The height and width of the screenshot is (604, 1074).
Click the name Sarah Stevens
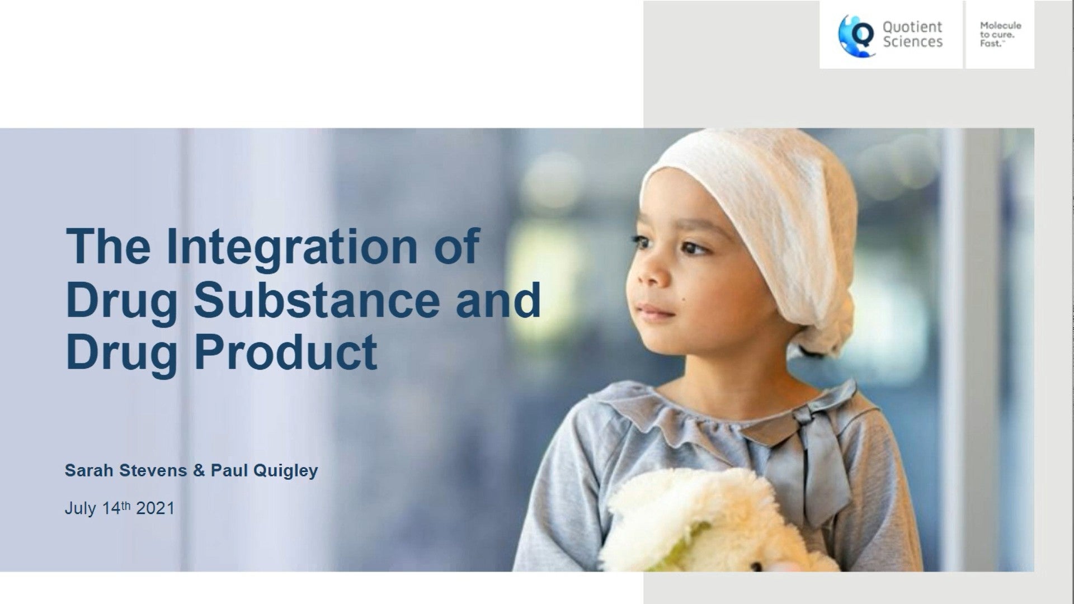click(x=126, y=470)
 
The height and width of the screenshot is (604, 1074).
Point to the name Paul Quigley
click(x=264, y=471)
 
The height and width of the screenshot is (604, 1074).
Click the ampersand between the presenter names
click(x=199, y=471)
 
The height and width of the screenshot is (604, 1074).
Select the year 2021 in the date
click(x=156, y=508)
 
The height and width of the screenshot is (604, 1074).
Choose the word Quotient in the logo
click(x=912, y=27)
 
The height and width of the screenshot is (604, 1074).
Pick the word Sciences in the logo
click(x=913, y=42)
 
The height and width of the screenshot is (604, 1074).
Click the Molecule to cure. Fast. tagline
click(x=1000, y=34)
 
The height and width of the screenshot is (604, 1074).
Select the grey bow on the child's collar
click(x=805, y=447)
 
